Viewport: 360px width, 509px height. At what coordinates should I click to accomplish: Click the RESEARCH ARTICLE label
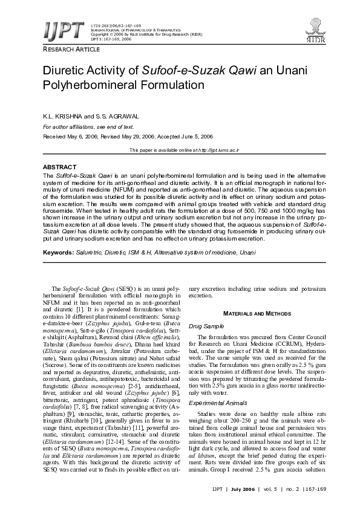[x=67, y=49]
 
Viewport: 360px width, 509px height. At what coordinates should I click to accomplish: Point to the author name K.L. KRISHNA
[x=62, y=115]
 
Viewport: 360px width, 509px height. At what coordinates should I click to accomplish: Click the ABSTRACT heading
[x=60, y=167]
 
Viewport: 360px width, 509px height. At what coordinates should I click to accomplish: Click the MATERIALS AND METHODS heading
[x=257, y=314]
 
